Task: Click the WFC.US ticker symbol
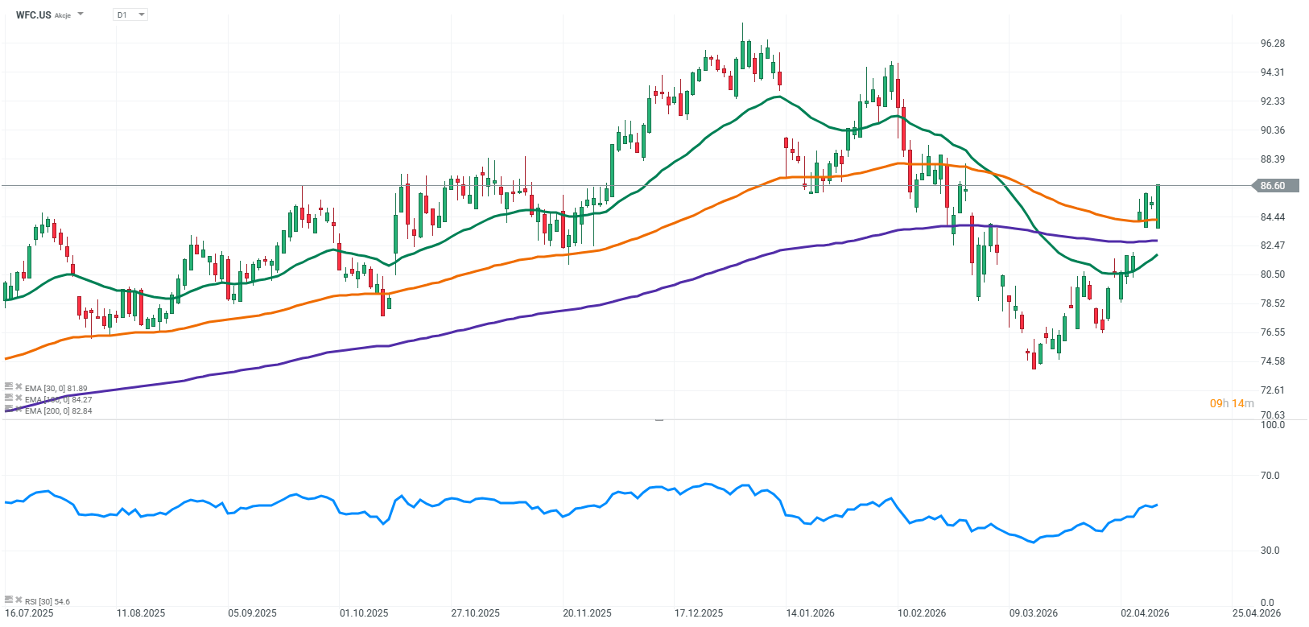point(34,14)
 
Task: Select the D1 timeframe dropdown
point(129,14)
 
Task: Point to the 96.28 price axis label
point(1272,43)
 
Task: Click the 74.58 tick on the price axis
point(1272,361)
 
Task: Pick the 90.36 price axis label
point(1272,130)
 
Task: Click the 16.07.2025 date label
point(29,613)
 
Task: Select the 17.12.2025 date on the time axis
point(699,613)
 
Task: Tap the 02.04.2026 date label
point(1145,613)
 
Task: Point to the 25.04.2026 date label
point(1257,613)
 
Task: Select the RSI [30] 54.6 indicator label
point(47,601)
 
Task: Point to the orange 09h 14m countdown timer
point(1232,403)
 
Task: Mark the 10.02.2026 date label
point(922,613)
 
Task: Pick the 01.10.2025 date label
point(364,613)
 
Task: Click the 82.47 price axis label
point(1272,245)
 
